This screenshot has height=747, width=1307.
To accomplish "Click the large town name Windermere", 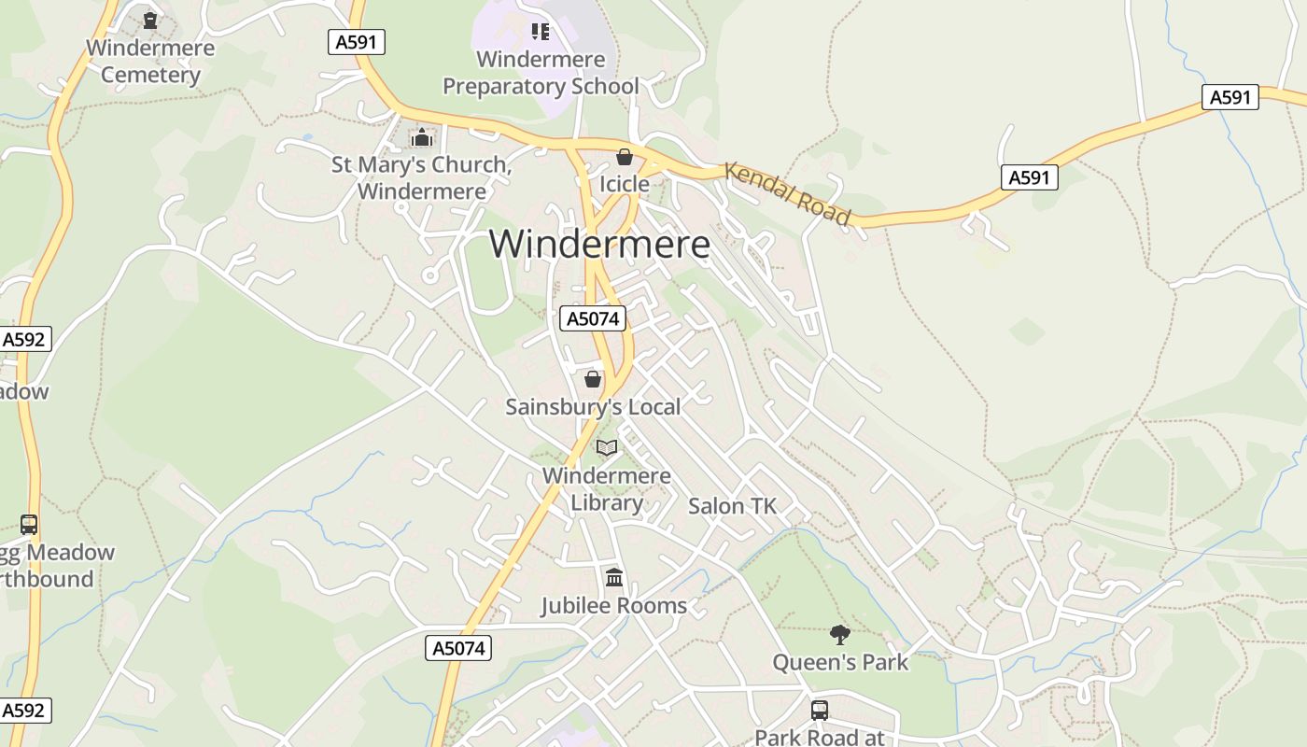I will [599, 244].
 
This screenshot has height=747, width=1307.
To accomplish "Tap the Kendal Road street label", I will [788, 194].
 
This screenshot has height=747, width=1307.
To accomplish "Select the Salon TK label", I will [732, 506].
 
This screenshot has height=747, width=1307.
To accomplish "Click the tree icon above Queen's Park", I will [840, 635].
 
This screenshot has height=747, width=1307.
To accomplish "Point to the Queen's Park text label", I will [840, 662].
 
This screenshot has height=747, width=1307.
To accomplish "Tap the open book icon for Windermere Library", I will [607, 448].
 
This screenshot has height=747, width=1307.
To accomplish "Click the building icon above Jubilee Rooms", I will [614, 578].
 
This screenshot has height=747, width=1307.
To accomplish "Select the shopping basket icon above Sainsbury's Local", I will [593, 379].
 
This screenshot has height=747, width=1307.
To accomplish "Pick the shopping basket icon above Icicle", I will [625, 157].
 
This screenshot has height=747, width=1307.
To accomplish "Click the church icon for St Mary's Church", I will [422, 138].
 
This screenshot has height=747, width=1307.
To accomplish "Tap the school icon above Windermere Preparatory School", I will [541, 32].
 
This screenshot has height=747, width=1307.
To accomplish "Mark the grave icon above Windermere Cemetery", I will [150, 20].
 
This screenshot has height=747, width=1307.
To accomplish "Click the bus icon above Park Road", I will [819, 710].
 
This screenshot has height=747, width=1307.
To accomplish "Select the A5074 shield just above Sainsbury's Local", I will [593, 318].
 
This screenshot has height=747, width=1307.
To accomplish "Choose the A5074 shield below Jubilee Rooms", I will [458, 648].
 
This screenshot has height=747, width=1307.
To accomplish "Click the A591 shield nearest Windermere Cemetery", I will [357, 41].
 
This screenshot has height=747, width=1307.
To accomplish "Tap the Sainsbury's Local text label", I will [593, 407].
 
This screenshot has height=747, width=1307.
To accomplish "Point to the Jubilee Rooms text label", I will [614, 605].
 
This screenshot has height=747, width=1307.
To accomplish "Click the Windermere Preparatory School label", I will [541, 73].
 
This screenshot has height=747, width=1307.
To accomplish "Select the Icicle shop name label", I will [625, 184].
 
